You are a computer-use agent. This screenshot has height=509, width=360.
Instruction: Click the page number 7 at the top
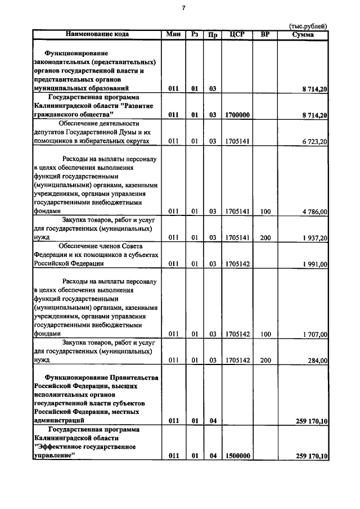(183, 8)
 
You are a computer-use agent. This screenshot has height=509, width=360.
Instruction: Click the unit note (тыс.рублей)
(308, 26)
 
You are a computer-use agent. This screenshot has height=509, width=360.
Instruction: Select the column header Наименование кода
(97, 34)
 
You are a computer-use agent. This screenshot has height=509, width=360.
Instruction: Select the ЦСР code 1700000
(237, 115)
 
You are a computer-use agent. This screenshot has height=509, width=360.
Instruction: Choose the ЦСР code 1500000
(237, 456)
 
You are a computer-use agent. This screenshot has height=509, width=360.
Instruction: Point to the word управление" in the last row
(55, 456)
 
